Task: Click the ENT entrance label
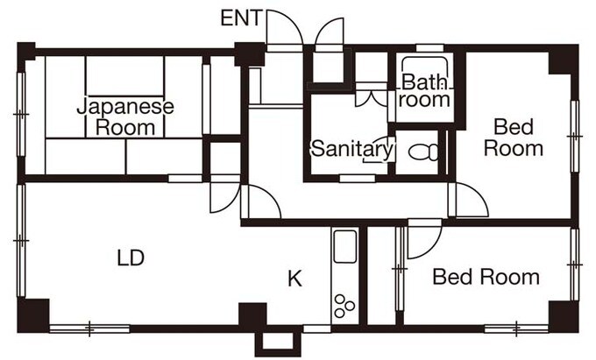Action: [x=239, y=18]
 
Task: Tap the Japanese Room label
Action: [x=125, y=116]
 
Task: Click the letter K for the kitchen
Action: [x=295, y=279]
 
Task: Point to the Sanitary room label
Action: [x=351, y=149]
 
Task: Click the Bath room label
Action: [x=426, y=91]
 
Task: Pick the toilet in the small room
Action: [x=424, y=152]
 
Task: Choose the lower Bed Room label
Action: [x=486, y=279]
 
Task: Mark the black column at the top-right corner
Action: [x=563, y=60]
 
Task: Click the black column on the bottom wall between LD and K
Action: [x=252, y=315]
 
